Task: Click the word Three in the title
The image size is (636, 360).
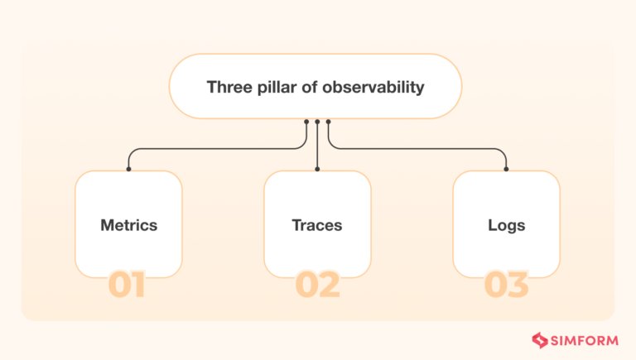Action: point(226,87)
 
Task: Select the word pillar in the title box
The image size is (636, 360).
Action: point(270,87)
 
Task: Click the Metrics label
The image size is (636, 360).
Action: point(128,224)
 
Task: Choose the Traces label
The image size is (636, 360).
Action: point(317,224)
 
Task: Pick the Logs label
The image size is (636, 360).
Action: point(506,224)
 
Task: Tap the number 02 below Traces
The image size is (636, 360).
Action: point(317,285)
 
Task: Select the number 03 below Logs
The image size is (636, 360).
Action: point(506,285)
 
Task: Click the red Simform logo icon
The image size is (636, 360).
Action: point(540,339)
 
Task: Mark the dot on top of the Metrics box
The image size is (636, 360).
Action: point(128,170)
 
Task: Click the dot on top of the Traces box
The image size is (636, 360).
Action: point(317,170)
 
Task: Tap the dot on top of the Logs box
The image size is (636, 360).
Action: point(506,170)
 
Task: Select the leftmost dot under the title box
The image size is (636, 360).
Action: point(306,122)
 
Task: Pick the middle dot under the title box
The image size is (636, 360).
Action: point(317,122)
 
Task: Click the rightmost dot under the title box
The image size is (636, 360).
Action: point(328,122)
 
